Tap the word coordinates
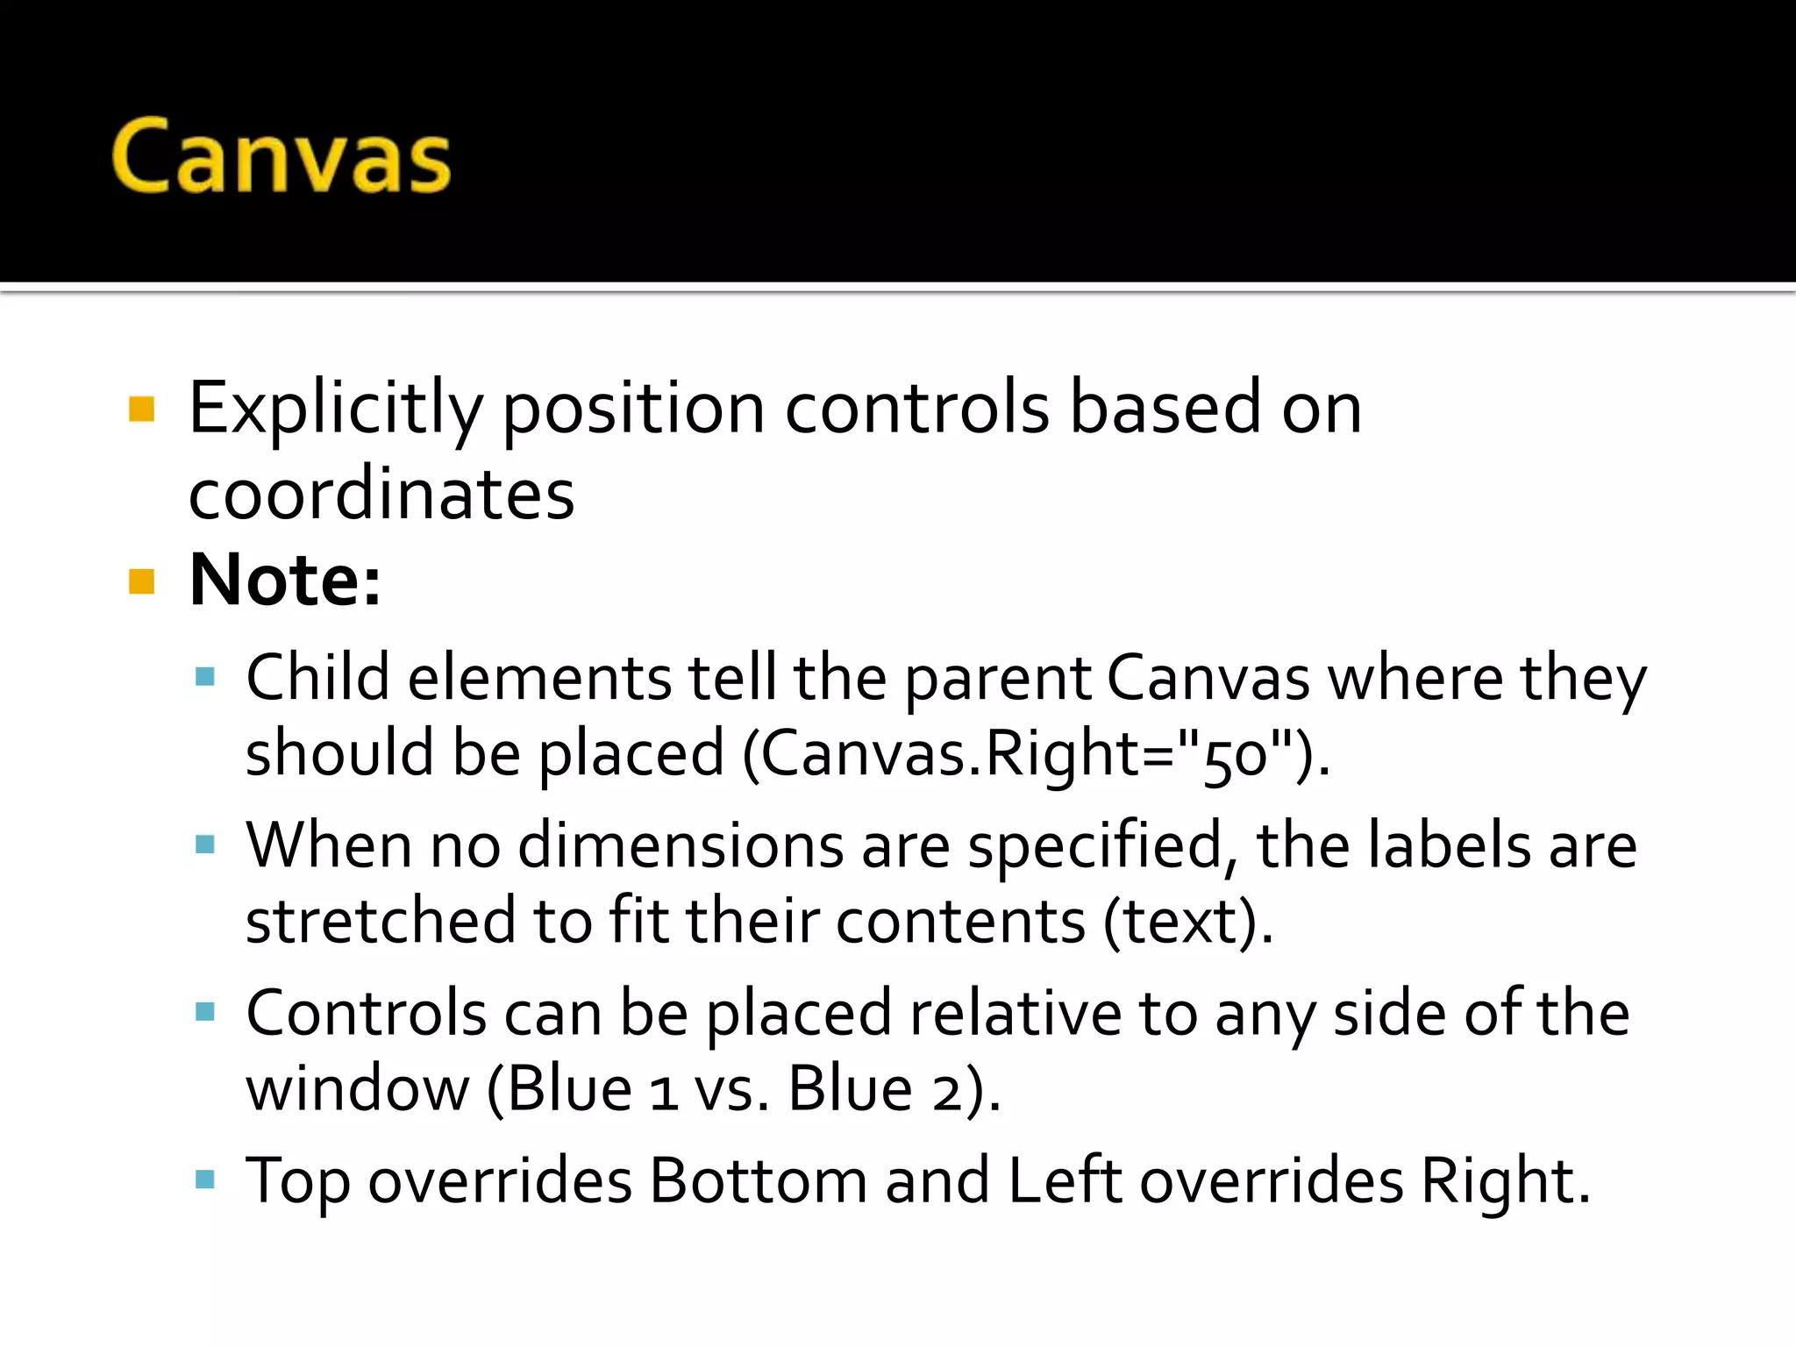point(381,494)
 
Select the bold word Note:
point(285,580)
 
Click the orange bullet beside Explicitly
point(141,410)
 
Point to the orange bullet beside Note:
point(141,581)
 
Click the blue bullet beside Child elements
point(205,676)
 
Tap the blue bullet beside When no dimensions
point(205,845)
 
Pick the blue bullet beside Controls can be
point(205,1013)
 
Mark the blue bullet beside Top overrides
point(205,1180)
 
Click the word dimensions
point(681,846)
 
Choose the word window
point(358,1090)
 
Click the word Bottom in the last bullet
point(758,1181)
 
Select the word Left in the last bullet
point(1065,1181)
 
